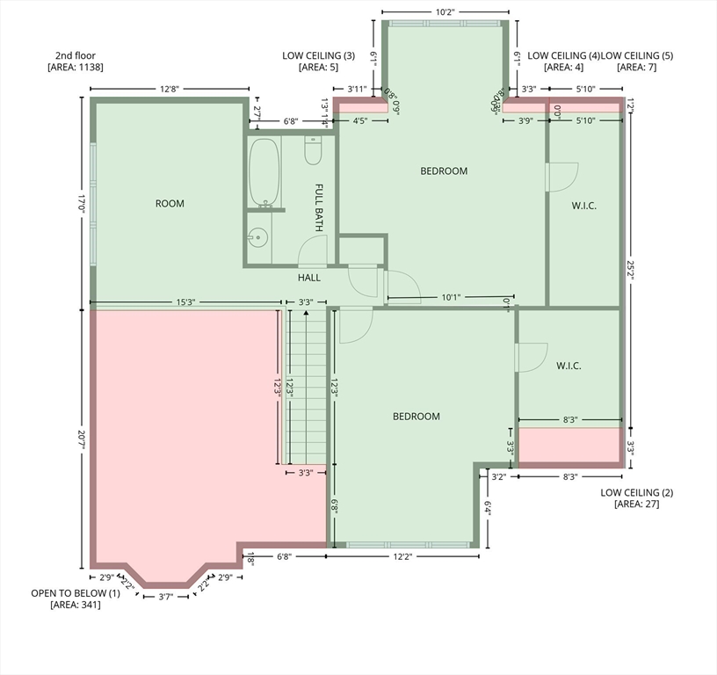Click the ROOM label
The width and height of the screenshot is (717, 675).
[x=170, y=204]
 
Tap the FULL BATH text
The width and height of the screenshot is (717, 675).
[x=320, y=208]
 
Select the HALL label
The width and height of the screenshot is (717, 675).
[x=308, y=278]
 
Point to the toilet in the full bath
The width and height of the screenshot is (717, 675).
[x=314, y=152]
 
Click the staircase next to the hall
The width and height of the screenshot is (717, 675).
[x=305, y=387]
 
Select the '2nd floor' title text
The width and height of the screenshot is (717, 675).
[x=72, y=55]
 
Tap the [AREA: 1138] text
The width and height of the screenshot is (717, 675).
[x=76, y=67]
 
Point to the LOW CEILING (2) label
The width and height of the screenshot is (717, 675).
[x=636, y=492]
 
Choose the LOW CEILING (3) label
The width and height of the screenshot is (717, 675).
[x=318, y=55]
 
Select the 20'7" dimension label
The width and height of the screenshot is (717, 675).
[x=81, y=440]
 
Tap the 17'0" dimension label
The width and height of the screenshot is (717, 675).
[x=81, y=204]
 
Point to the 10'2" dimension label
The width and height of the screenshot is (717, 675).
[x=444, y=13]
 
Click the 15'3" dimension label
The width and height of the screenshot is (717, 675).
[x=185, y=302]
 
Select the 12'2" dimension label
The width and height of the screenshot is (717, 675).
[x=402, y=556]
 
